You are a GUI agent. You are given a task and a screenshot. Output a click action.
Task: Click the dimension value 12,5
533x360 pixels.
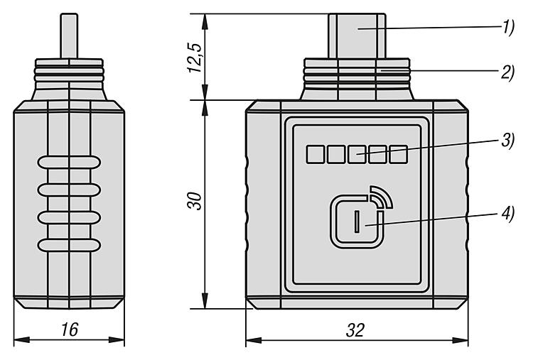pos(195,58)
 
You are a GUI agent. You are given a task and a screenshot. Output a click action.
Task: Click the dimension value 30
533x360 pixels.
pos(195,201)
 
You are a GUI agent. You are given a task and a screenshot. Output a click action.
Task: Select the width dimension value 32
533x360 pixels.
pos(355,330)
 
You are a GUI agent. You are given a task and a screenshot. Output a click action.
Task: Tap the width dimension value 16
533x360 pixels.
pos(70,329)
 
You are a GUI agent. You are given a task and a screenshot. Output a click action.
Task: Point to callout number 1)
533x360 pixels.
pos(508,27)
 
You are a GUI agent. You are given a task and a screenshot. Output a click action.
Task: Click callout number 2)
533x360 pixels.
pos(508,72)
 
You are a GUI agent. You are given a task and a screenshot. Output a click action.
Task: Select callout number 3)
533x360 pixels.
pos(508,140)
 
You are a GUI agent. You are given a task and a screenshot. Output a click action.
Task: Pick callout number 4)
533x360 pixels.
pos(508,213)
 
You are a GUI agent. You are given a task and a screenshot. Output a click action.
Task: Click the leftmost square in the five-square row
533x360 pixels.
pos(315,154)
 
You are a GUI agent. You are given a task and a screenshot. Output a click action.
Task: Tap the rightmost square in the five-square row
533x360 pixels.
pos(399,154)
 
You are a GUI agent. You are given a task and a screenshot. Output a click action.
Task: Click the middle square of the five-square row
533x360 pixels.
pos(357,154)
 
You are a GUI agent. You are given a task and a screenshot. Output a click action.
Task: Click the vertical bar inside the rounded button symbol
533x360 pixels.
pos(357,222)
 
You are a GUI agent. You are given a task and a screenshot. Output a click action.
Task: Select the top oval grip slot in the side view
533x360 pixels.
pos(69,163)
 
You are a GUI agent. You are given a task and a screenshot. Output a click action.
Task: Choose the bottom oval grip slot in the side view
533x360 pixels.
pos(69,245)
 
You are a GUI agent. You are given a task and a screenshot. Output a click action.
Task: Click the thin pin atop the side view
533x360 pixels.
pos(69,36)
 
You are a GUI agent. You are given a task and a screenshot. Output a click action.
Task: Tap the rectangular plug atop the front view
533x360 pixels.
pos(357,36)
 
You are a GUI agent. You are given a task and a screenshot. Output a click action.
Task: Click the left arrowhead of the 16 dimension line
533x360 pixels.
pos(22,339)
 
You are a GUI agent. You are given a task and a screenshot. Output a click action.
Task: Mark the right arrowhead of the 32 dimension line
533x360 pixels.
pos(460,340)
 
